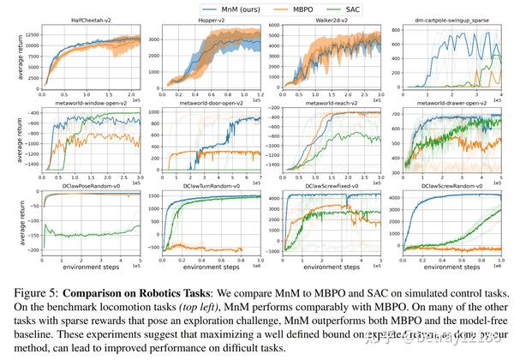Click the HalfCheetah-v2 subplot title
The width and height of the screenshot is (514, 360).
pos(92,19)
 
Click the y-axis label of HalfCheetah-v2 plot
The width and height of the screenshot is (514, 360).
pos(7,57)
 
